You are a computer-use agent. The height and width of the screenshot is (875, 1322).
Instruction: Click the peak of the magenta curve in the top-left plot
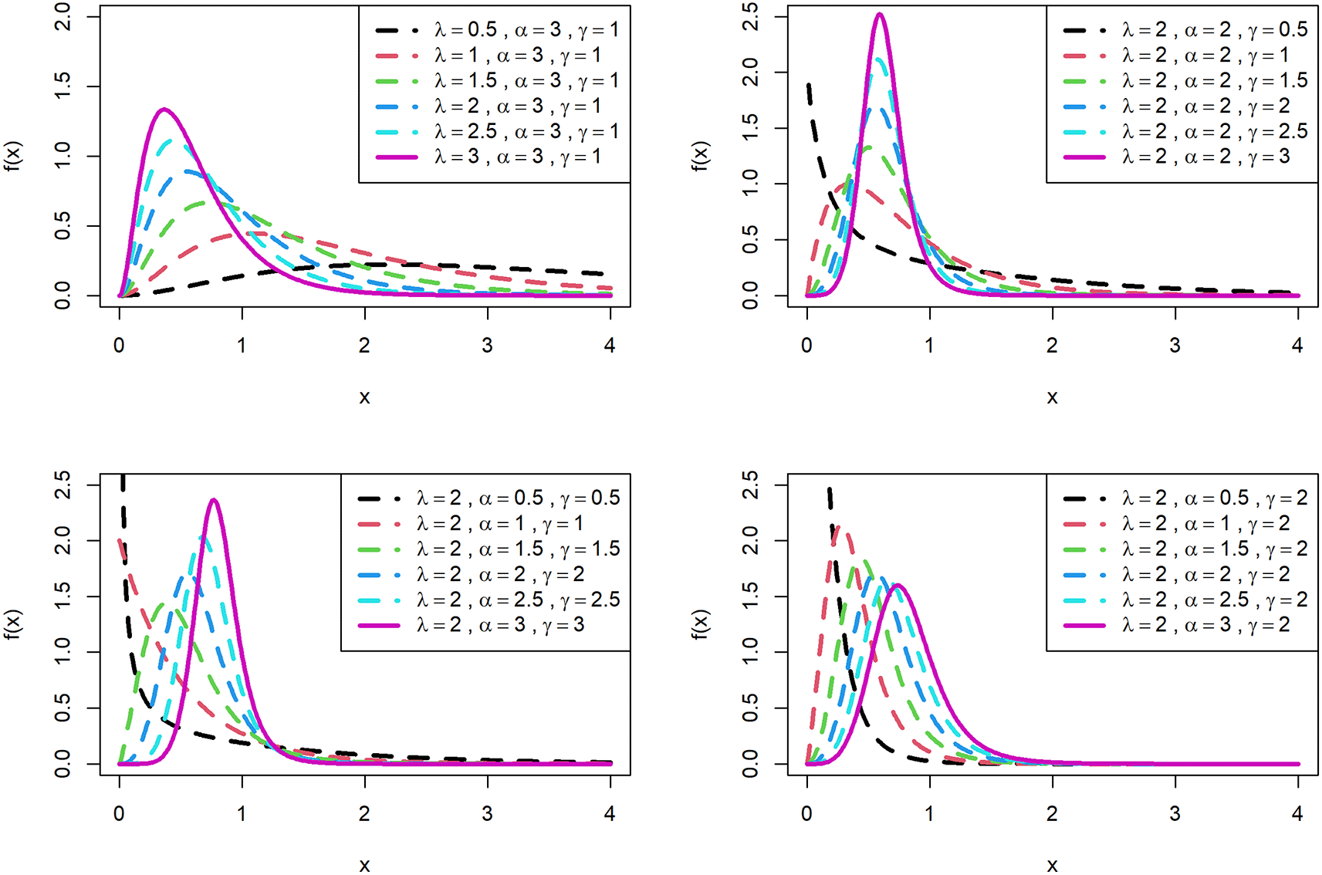click(164, 110)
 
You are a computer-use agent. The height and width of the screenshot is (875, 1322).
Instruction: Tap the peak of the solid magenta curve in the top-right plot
click(879, 14)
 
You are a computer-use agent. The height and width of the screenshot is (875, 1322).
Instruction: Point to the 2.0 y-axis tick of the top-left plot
click(63, 16)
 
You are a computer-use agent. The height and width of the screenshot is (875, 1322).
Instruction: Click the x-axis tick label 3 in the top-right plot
click(1175, 345)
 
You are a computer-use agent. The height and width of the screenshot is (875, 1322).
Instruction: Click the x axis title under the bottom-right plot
click(1052, 864)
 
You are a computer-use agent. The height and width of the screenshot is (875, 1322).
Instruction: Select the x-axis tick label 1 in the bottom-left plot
click(242, 813)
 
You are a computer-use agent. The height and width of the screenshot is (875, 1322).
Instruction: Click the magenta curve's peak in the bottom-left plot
click(213, 500)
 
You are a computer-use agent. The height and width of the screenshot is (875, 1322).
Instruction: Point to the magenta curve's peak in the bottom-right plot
click(898, 585)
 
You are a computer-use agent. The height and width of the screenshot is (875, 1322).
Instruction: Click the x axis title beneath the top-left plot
click(364, 397)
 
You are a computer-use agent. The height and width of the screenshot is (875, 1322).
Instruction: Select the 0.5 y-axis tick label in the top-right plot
click(750, 240)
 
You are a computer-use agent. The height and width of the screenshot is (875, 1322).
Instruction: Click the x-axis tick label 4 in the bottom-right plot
click(1297, 813)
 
